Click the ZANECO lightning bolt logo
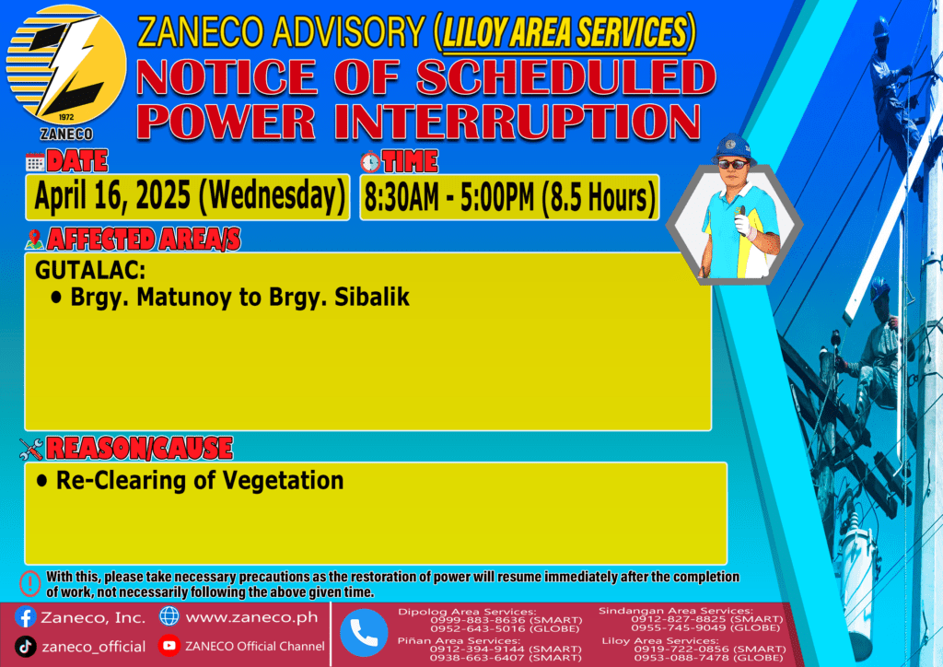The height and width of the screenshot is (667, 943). [66, 65]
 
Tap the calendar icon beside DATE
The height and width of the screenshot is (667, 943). [35, 162]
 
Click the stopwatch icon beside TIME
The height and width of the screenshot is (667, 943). [370, 162]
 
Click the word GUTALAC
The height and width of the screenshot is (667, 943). [90, 271]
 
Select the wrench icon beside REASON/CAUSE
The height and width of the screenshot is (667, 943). [31, 449]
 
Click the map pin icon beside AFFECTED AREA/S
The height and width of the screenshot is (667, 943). [34, 240]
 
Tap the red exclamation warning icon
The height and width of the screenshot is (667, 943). [30, 583]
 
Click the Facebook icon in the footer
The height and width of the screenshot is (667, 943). [25, 617]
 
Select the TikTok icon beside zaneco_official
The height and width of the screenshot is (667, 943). [25, 647]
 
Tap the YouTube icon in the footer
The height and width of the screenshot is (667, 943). [169, 645]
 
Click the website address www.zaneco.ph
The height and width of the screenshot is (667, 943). [251, 617]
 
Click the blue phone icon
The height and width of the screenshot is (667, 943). [363, 633]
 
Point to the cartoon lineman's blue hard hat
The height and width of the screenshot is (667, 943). [733, 148]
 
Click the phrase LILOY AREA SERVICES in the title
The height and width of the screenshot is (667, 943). [565, 32]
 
